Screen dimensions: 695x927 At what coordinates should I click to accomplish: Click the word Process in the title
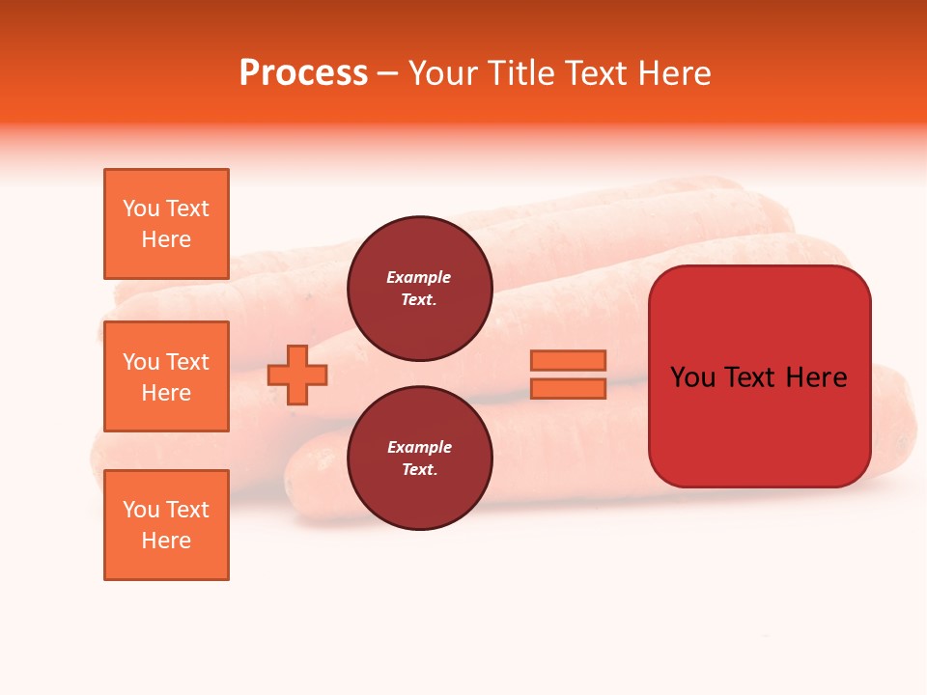click(303, 73)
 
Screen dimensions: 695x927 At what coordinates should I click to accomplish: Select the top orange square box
click(166, 224)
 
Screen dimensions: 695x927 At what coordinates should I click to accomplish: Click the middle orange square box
click(166, 376)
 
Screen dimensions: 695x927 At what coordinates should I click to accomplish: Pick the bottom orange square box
click(166, 525)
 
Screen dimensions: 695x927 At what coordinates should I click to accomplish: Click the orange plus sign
click(297, 375)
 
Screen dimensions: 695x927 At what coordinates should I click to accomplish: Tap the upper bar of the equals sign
click(568, 360)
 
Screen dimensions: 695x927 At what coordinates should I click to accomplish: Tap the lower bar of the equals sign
click(568, 389)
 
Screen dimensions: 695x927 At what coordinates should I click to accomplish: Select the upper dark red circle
click(419, 289)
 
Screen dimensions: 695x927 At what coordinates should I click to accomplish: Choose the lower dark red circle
click(419, 459)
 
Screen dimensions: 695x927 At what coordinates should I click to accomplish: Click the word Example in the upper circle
click(419, 278)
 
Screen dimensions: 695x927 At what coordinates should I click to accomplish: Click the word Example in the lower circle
click(419, 448)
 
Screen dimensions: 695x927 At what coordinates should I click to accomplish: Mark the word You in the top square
click(141, 209)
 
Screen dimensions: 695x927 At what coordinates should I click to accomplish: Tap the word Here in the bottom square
click(166, 542)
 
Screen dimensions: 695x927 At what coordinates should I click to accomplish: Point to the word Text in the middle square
click(187, 362)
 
